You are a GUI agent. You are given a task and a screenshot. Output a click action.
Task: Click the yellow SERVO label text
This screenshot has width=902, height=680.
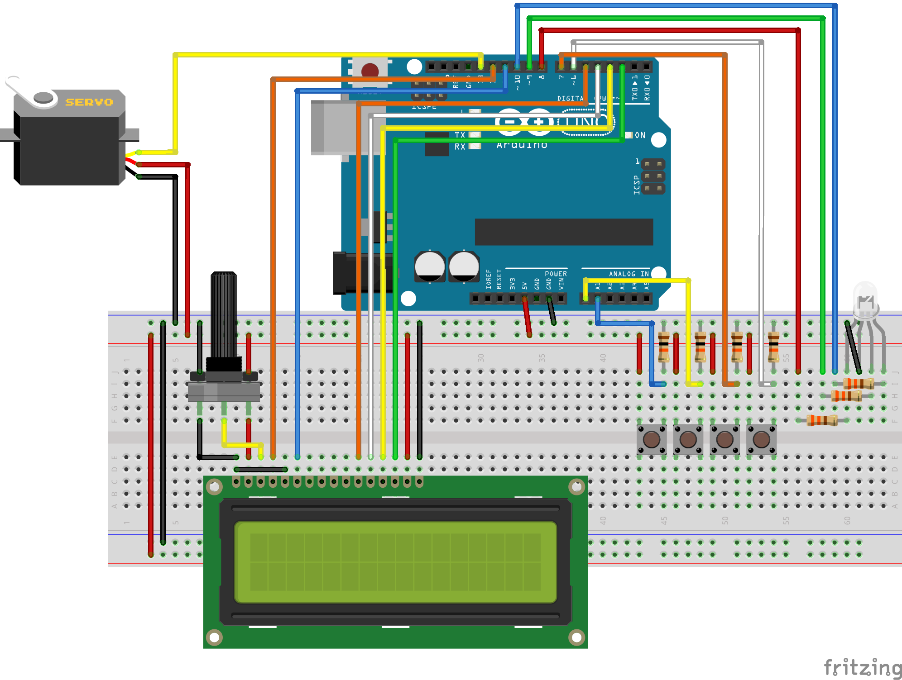(89, 102)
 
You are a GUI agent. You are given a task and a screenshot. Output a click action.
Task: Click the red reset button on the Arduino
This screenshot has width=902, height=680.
(370, 71)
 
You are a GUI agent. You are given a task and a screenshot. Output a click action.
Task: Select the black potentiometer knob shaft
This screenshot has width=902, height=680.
(224, 312)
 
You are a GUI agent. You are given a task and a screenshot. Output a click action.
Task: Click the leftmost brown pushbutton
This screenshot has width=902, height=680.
(651, 439)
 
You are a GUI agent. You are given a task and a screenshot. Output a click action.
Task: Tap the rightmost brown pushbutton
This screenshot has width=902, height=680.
(761, 439)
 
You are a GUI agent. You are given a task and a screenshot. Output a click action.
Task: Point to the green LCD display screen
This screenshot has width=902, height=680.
(395, 562)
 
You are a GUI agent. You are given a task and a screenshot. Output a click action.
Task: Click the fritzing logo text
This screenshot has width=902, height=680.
(863, 668)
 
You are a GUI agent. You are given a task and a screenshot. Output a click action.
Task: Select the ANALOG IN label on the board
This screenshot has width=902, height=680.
(629, 274)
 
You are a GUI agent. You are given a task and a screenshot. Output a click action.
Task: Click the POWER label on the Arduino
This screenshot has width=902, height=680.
(556, 274)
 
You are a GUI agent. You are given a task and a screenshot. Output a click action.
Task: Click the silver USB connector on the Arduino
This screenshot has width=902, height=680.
(335, 128)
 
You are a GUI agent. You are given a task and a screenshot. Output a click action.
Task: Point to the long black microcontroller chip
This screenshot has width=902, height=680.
(564, 232)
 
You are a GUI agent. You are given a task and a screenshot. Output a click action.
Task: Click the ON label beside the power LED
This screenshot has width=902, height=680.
(640, 135)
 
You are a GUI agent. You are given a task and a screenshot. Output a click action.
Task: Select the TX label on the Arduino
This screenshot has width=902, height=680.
(460, 135)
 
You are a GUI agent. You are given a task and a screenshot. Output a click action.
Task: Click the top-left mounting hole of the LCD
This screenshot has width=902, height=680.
(214, 487)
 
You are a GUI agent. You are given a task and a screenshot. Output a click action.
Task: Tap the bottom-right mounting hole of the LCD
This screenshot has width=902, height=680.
(576, 637)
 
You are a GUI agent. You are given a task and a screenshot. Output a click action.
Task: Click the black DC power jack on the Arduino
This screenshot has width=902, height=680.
(358, 273)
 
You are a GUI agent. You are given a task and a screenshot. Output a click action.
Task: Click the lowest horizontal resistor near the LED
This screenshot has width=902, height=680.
(822, 420)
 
